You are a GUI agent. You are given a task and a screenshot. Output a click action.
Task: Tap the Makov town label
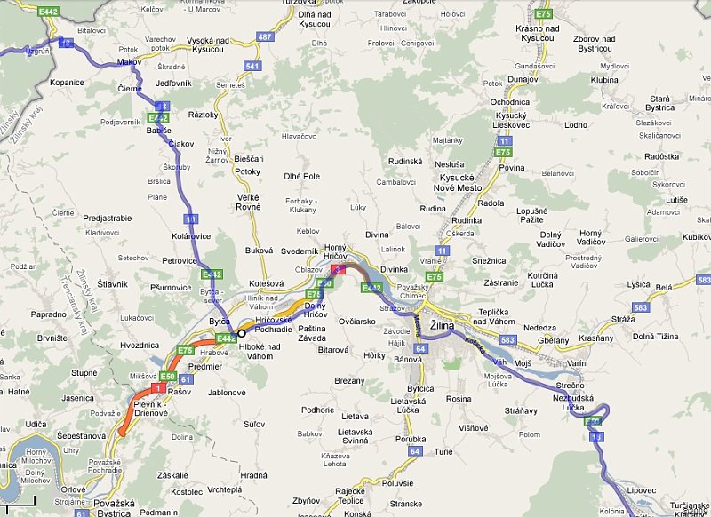point(129,62)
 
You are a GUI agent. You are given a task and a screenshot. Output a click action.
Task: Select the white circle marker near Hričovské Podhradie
point(241,333)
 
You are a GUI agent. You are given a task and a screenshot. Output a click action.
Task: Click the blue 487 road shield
point(264,36)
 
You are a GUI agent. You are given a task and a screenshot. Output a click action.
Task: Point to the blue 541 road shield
point(252,67)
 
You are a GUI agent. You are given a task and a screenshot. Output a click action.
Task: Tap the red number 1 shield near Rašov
point(156,388)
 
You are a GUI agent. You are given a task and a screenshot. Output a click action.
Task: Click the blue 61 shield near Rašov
point(186,379)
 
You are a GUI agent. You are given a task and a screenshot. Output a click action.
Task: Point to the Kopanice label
point(67,82)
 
